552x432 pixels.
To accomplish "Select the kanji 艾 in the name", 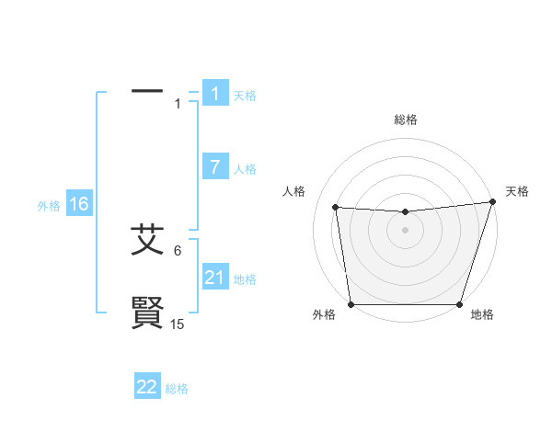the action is [147, 240].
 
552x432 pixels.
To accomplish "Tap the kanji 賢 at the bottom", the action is [147, 313].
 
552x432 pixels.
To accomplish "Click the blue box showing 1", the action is [215, 94].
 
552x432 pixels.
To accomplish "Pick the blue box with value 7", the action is [215, 167].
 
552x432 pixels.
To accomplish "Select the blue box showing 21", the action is [215, 278].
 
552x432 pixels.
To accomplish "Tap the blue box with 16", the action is [79, 204].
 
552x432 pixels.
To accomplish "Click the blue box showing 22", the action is [147, 387].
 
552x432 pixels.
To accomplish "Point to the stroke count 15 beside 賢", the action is [178, 324].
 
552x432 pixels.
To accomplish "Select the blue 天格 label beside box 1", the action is [245, 96].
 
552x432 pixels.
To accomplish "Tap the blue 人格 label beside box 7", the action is [245, 169].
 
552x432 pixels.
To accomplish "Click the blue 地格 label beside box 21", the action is [245, 279].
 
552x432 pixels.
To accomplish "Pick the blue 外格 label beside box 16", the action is [49, 206].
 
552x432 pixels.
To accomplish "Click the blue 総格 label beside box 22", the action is [177, 389].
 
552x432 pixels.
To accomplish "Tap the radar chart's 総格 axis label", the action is [406, 119].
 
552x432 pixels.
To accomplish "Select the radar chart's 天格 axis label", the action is [517, 191].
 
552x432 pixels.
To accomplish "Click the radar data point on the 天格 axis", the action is [492, 202].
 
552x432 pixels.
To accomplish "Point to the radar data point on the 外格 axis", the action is [351, 304].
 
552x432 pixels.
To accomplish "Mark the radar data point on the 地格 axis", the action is [459, 304].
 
